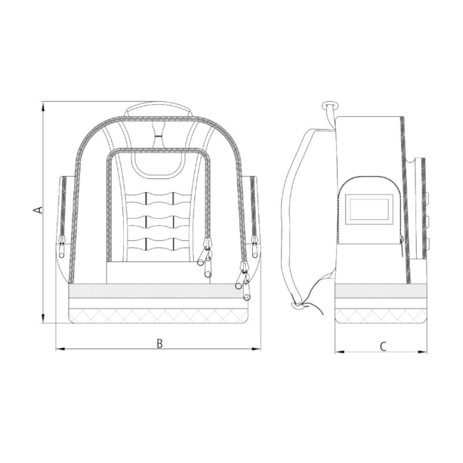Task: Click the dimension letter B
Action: pos(160,343)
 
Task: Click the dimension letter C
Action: pos(382,347)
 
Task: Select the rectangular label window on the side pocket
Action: pos(368,209)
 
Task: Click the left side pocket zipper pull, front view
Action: pos(61,249)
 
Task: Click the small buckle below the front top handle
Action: pos(157,131)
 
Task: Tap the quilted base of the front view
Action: pos(157,314)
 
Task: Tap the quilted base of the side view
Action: pos(380,314)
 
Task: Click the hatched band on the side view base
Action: pos(380,291)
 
